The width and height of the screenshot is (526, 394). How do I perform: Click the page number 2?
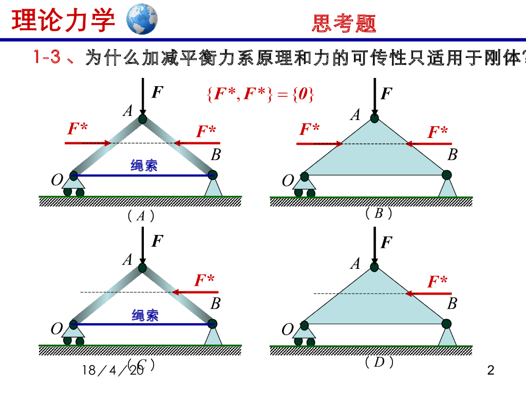coord(491,370)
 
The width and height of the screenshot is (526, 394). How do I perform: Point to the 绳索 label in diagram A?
coord(144,165)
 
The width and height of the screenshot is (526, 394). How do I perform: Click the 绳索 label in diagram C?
coord(145,315)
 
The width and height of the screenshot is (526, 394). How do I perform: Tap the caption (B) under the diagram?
coord(379,213)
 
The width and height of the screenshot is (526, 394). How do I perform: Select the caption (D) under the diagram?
coord(379,362)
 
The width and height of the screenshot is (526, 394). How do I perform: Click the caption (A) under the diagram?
coord(141,215)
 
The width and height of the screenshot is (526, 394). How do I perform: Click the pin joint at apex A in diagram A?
coord(142,120)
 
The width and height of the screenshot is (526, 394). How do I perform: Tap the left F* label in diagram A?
coord(78,129)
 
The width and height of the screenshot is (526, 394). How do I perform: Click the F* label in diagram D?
coord(438,281)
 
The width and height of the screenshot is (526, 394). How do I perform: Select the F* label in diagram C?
coord(204,280)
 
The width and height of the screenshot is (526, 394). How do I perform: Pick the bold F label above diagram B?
coord(386,94)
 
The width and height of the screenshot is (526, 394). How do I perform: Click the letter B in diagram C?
coord(215,304)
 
